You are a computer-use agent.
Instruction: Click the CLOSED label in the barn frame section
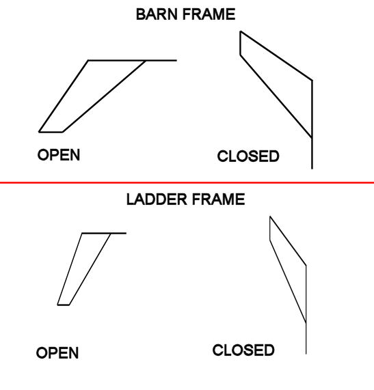[248, 157]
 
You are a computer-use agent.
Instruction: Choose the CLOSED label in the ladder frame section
[243, 350]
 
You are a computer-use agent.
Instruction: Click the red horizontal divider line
[187, 183]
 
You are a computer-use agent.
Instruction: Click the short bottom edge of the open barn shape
[51, 132]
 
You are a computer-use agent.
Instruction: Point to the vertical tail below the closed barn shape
[312, 153]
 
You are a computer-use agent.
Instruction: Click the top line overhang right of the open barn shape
[161, 60]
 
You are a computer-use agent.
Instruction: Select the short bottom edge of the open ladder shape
[64, 305]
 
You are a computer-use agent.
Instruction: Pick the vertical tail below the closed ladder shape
[305, 337]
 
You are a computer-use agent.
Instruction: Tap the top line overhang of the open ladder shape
[118, 233]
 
